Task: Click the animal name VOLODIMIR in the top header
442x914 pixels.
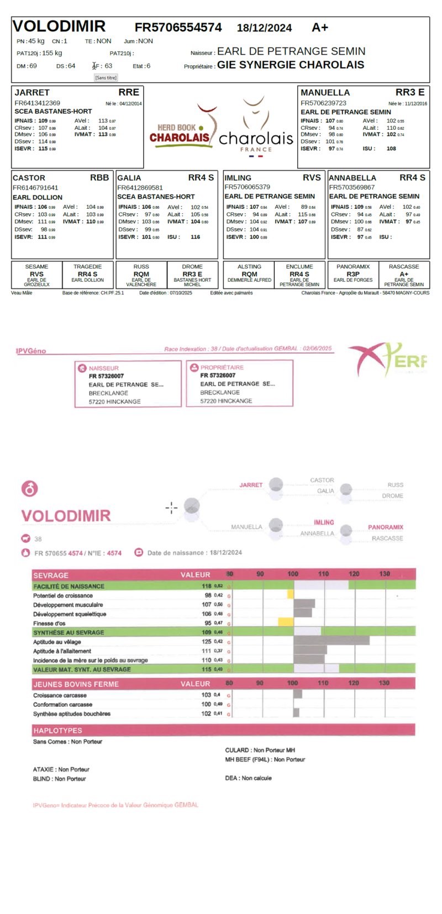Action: [x=59, y=26]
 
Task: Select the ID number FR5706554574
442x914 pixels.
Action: [x=178, y=28]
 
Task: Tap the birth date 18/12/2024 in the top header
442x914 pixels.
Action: [x=264, y=28]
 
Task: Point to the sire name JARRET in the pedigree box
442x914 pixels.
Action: [x=32, y=93]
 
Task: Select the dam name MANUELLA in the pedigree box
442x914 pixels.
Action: [x=325, y=93]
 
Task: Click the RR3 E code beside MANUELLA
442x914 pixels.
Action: [x=409, y=92]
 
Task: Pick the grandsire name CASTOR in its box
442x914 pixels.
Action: [x=29, y=178]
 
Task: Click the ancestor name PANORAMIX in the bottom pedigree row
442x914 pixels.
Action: [x=353, y=267]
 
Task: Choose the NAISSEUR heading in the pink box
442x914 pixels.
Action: [x=103, y=368]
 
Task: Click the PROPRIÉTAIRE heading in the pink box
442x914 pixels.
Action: [x=222, y=367]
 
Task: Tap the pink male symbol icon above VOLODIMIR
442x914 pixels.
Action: [x=29, y=489]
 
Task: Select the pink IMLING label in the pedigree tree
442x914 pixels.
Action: [x=324, y=522]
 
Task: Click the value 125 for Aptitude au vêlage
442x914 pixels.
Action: [x=206, y=642]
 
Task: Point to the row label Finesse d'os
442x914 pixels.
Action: [x=50, y=624]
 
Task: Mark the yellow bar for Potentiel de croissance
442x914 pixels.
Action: [x=291, y=595]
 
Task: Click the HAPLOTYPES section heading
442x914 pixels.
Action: [x=57, y=731]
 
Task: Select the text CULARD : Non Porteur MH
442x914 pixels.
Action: [x=260, y=751]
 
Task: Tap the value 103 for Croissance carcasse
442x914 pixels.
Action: [x=206, y=695]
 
